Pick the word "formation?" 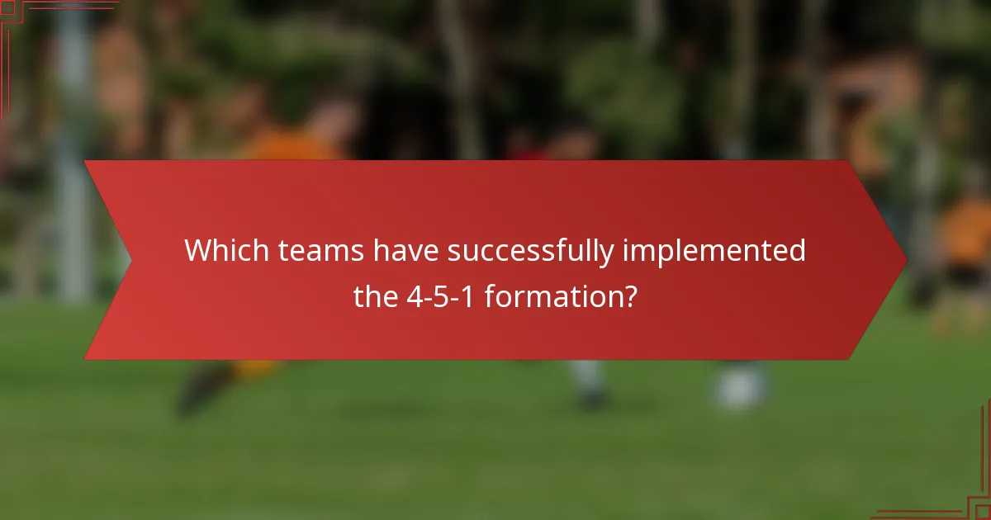pyautogui.click(x=561, y=295)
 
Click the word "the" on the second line pyautogui.click(x=376, y=295)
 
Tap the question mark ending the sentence pyautogui.click(x=629, y=295)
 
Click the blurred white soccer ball pyautogui.click(x=739, y=388)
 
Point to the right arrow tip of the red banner pyautogui.click(x=905, y=260)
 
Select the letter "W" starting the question pyautogui.click(x=196, y=250)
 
